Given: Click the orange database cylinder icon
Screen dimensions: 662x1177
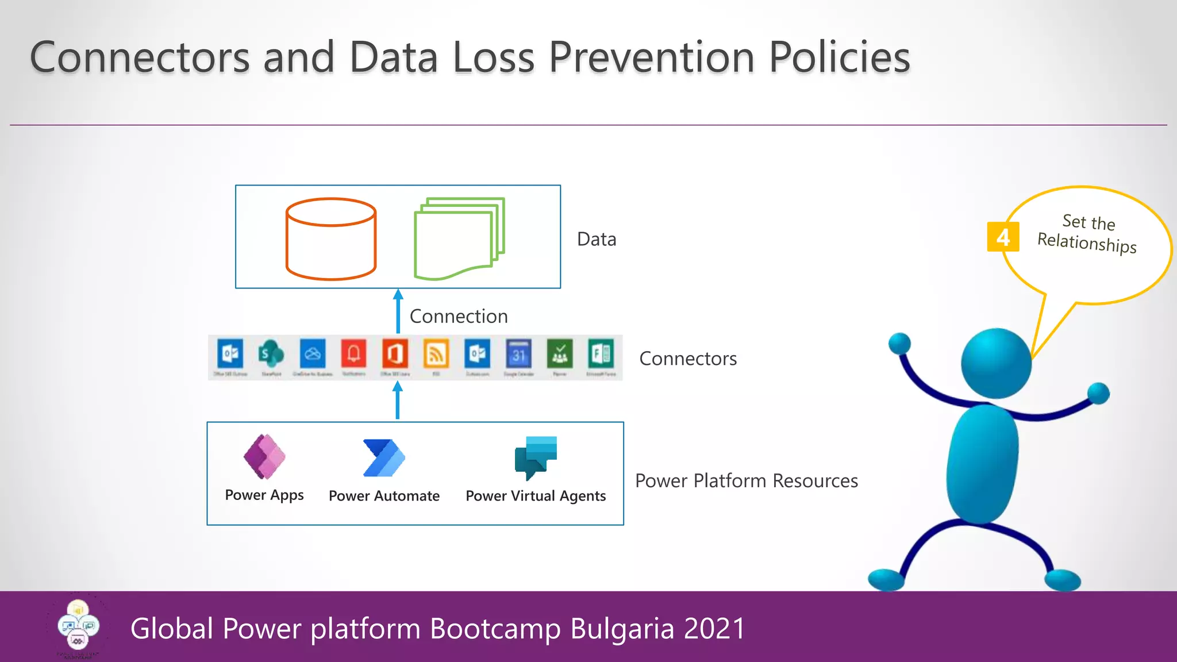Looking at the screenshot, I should pyautogui.click(x=331, y=239).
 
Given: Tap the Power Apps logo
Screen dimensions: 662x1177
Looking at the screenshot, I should pyautogui.click(x=264, y=457).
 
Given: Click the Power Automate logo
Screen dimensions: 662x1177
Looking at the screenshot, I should pyautogui.click(x=384, y=458).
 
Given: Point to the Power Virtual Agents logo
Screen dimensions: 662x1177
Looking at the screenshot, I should pyautogui.click(x=536, y=457).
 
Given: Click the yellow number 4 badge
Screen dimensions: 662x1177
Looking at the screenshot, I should pyautogui.click(x=1003, y=237).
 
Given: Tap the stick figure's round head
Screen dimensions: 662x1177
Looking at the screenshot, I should pyautogui.click(x=996, y=363).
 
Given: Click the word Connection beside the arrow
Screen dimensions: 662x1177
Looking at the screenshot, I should pyautogui.click(x=459, y=316).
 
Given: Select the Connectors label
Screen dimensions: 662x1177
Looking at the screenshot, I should pyautogui.click(x=688, y=359).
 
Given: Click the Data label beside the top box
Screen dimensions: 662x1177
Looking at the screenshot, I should pyautogui.click(x=597, y=239).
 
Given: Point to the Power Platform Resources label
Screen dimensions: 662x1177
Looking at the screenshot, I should pyautogui.click(x=747, y=480).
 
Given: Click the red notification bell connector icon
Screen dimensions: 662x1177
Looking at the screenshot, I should pyautogui.click(x=353, y=353).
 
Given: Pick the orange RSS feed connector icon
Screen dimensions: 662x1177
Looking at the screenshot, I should pyautogui.click(x=436, y=354).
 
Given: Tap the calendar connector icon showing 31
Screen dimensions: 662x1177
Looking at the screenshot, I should pyautogui.click(x=518, y=354).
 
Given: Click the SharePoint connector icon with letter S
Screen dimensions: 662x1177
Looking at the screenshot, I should pyautogui.click(x=271, y=354).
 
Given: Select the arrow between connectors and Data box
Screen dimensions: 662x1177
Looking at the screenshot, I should pyautogui.click(x=398, y=311).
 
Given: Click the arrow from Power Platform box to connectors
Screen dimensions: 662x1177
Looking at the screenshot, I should pyautogui.click(x=398, y=401).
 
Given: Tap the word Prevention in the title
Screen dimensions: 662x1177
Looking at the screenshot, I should pyautogui.click(x=652, y=57).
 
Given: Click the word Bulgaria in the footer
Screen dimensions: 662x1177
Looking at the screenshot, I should pyautogui.click(x=622, y=628).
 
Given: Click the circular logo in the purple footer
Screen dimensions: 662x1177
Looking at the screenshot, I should pyautogui.click(x=78, y=626).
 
